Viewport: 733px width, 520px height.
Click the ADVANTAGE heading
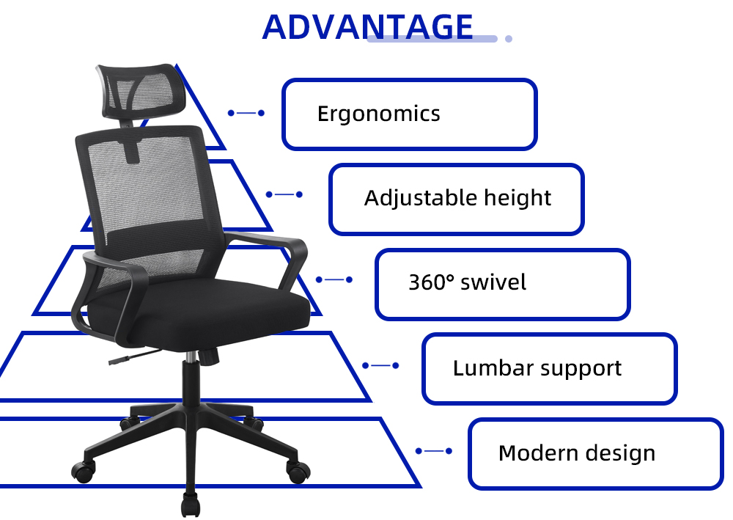367,26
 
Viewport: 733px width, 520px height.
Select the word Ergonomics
379,114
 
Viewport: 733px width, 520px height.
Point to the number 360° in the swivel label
431,282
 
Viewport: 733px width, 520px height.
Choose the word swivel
493,282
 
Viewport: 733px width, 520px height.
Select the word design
620,453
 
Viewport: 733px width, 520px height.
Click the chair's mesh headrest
141,89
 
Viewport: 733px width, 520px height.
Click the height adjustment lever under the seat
135,356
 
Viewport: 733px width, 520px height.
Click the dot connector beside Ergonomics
246,113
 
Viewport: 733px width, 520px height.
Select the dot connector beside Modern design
434,451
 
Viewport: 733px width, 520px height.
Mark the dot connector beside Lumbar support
380,365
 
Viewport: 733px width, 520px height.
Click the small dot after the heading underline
509,39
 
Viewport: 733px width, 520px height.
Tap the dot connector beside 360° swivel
334,279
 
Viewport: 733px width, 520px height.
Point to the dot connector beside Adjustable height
284,194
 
